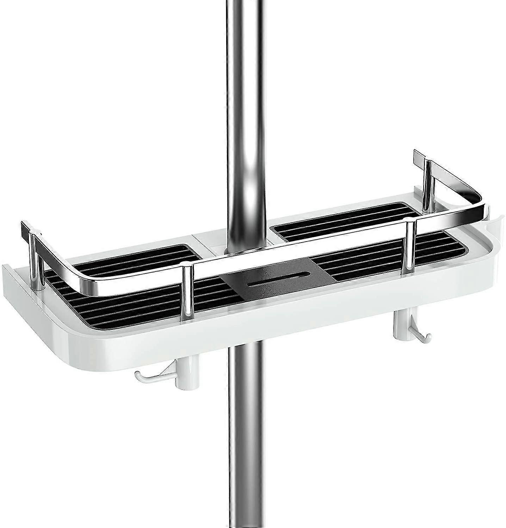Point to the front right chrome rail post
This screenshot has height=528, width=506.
tap(410, 246)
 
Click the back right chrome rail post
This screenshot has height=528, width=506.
tap(428, 187)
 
